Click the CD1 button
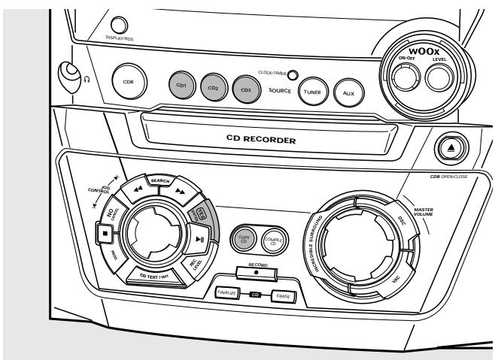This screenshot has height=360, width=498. [181, 85]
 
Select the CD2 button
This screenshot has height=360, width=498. [213, 87]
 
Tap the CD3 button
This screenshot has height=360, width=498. [244, 89]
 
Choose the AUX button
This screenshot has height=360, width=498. [348, 92]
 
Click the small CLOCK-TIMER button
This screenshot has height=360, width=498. [293, 76]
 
